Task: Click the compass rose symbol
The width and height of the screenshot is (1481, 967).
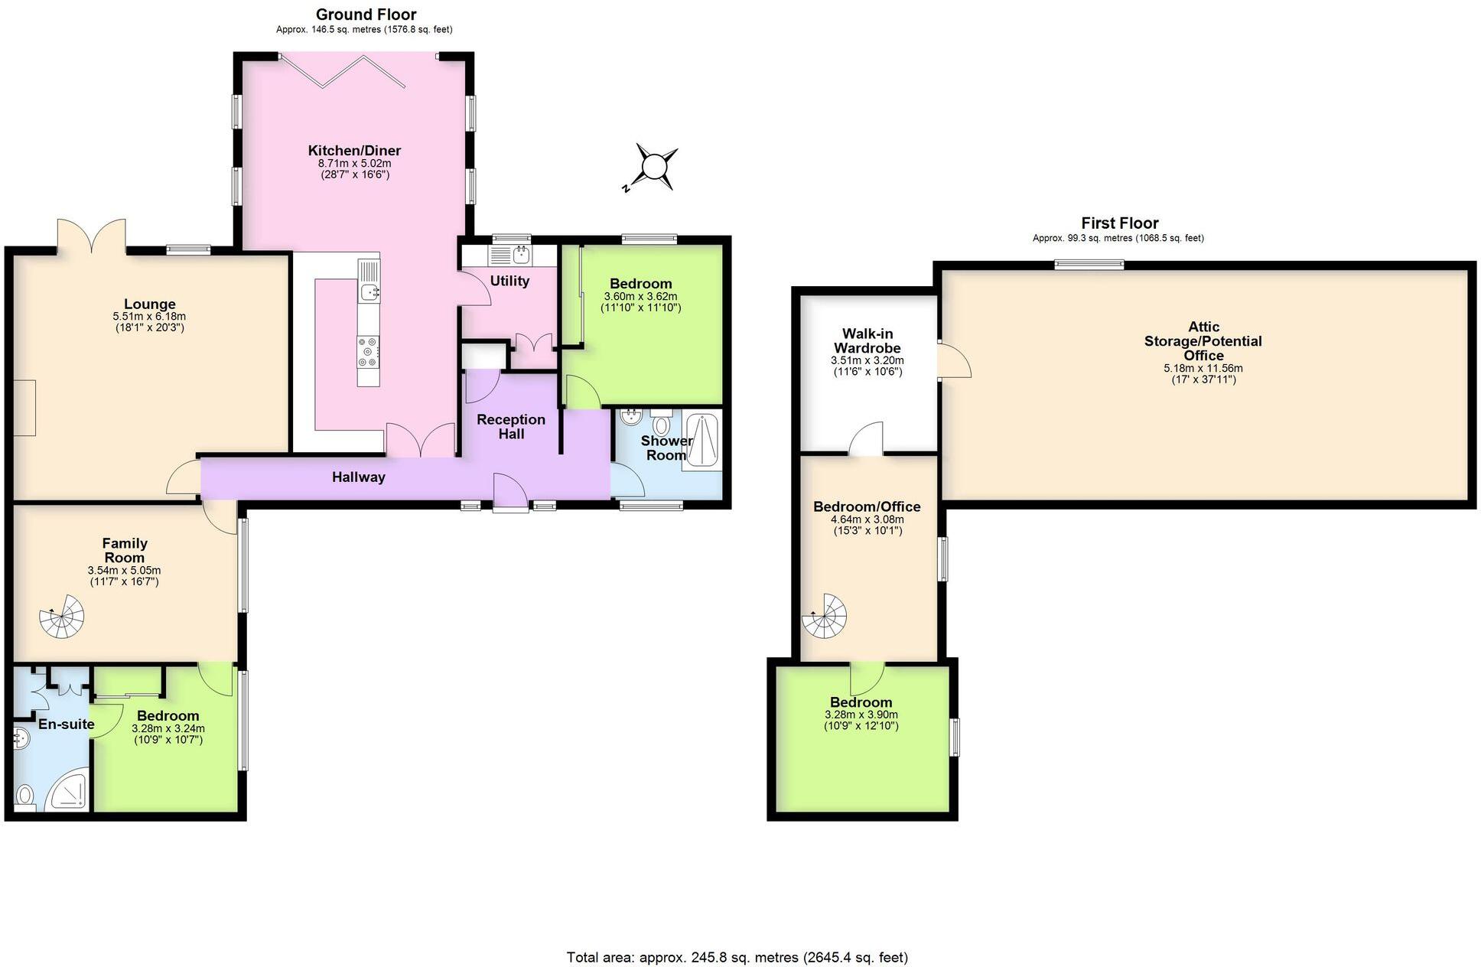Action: click(x=655, y=166)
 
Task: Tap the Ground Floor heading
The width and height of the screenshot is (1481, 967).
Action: click(x=366, y=15)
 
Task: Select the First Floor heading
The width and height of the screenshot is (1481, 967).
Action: click(x=1119, y=223)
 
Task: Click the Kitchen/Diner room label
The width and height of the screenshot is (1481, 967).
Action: click(x=354, y=151)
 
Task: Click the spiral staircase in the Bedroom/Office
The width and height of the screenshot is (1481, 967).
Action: click(x=825, y=617)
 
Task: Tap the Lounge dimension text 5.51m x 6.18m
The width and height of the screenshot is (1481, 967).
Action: click(x=149, y=316)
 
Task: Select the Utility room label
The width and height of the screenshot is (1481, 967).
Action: click(x=509, y=281)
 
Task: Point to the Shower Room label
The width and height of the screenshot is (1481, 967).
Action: click(x=666, y=448)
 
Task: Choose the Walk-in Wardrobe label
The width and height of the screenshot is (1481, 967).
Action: click(x=867, y=340)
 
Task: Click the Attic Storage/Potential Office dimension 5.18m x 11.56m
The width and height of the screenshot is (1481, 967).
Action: click(x=1203, y=368)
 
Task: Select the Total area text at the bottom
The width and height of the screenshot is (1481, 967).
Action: click(x=737, y=957)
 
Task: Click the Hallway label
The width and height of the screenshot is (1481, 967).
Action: click(x=358, y=477)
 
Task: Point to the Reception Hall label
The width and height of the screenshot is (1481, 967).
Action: click(x=511, y=426)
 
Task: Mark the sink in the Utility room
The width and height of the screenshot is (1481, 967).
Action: click(x=522, y=253)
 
